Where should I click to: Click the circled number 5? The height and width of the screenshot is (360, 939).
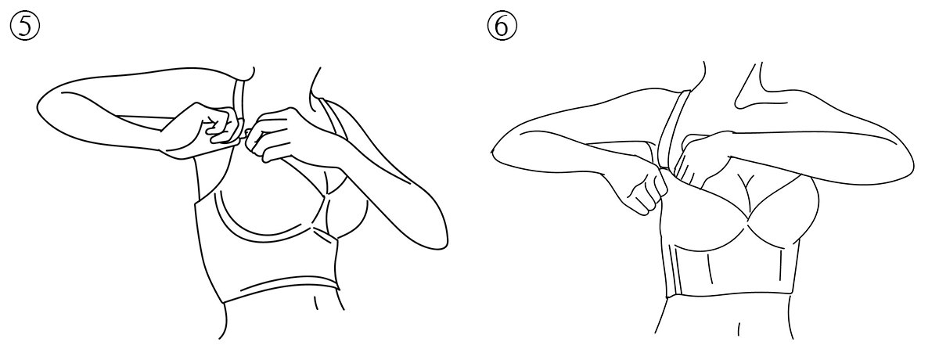click(x=25, y=26)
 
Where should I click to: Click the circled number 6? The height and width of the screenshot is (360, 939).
click(x=502, y=26)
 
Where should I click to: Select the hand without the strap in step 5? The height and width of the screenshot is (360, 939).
click(x=272, y=134)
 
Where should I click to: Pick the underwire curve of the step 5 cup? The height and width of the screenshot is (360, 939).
click(x=268, y=237)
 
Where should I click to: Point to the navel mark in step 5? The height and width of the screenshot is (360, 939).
click(x=315, y=303)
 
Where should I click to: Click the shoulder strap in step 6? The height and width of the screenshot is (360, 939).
click(x=674, y=126)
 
